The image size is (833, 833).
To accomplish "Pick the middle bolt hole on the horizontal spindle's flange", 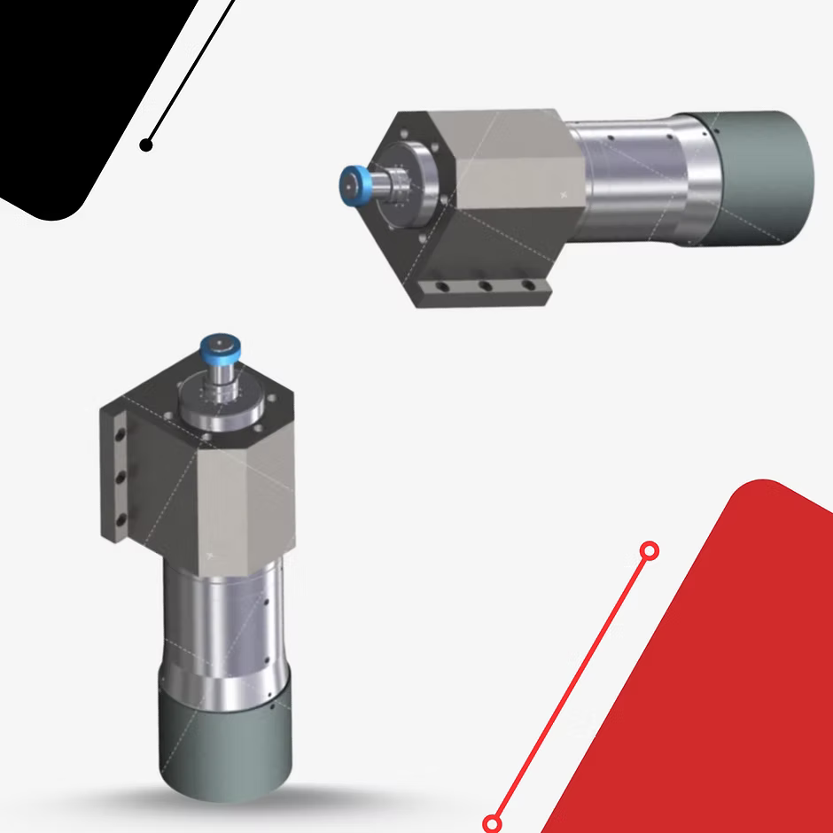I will [x=485, y=286].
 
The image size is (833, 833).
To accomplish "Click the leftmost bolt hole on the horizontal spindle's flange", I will [x=440, y=288].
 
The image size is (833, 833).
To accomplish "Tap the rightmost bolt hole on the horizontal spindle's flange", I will [x=528, y=285].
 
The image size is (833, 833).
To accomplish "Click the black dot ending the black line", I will [x=146, y=144].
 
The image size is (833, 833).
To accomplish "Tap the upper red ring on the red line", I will [x=649, y=551].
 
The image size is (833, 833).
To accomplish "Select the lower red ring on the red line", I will [x=494, y=824].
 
